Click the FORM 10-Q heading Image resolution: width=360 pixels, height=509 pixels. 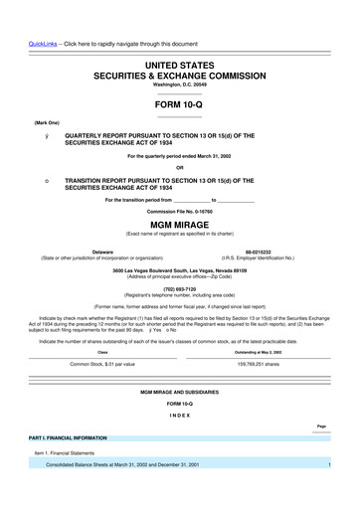pyautogui.click(x=179, y=104)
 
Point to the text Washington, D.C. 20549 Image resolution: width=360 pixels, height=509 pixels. pyautogui.click(x=179, y=85)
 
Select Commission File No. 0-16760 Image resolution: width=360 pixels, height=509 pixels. pyautogui.click(x=179, y=212)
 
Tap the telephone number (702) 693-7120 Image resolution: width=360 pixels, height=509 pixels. pyautogui.click(x=179, y=289)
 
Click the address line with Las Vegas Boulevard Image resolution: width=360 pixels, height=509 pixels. pyautogui.click(x=179, y=270)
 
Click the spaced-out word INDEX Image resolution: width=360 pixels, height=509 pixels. pyautogui.click(x=179, y=413)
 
